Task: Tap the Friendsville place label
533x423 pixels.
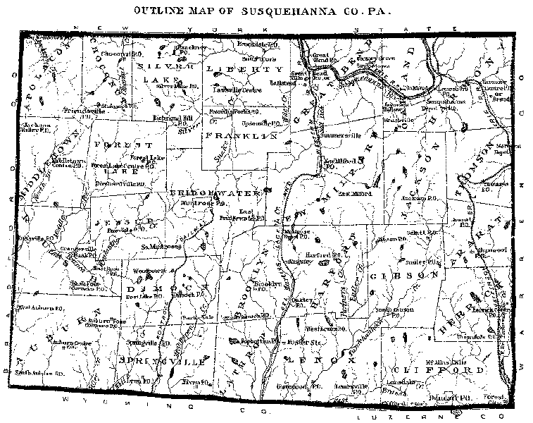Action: pyautogui.click(x=84, y=111)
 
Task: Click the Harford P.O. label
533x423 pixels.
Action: pyautogui.click(x=323, y=254)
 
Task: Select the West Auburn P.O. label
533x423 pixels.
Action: pyautogui.click(x=42, y=308)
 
